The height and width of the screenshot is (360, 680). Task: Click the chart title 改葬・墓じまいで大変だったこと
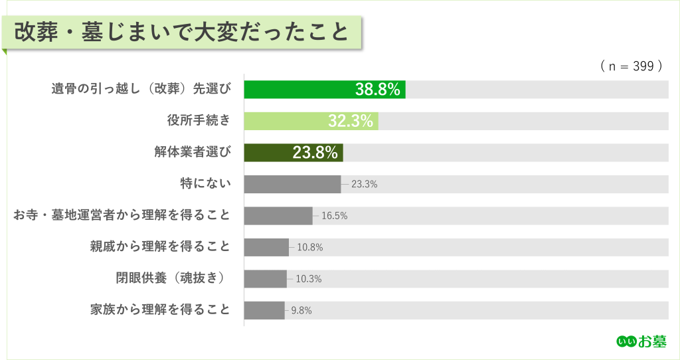coord(181,32)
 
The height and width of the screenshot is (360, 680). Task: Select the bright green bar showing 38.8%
coord(324,90)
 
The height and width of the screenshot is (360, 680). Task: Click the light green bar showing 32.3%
coord(311,121)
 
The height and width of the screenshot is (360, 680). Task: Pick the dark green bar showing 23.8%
coord(293,153)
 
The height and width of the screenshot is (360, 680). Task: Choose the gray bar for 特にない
coord(292,184)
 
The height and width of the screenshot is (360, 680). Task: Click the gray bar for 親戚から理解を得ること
coord(266,247)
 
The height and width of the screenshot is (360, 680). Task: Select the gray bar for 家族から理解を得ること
coord(264,310)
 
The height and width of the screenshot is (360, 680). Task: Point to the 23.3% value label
coord(364,185)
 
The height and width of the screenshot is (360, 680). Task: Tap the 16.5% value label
coord(335,216)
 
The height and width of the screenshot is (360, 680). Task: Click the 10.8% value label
coord(310,247)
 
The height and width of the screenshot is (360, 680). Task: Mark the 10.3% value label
coord(308,279)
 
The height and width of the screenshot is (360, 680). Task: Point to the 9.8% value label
coord(301,310)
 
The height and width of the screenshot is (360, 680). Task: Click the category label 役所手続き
coord(199,120)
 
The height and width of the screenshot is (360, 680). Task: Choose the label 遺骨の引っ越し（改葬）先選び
coord(141,89)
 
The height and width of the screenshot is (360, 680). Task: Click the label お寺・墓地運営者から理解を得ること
coord(122,215)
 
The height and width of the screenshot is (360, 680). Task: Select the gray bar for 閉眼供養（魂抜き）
coord(266,279)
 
